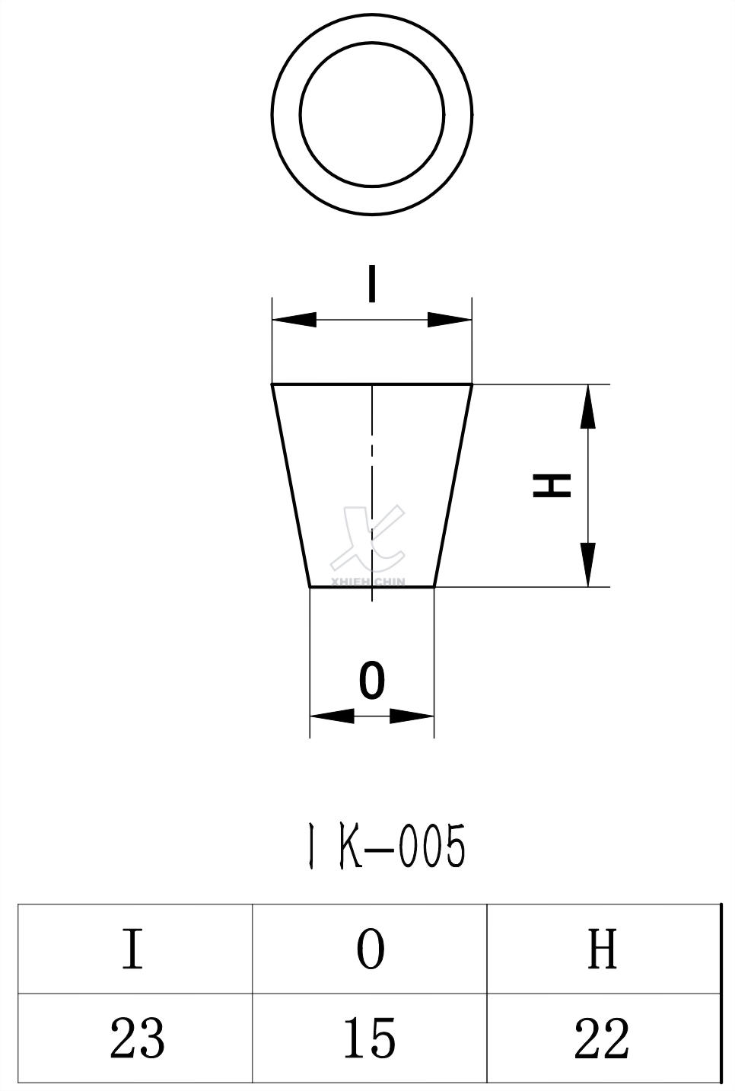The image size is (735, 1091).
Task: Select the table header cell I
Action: [x=133, y=948]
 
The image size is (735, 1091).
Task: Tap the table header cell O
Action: [x=371, y=949]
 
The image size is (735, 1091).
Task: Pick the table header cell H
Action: [x=602, y=948]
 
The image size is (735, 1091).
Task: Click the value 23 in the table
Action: [x=137, y=1038]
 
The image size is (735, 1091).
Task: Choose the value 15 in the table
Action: [x=369, y=1038]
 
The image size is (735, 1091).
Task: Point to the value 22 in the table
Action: [x=602, y=1038]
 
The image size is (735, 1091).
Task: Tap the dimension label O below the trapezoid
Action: [x=371, y=680]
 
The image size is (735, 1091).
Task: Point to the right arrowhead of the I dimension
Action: [x=450, y=320]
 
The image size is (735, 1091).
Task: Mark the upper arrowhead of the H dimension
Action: [x=587, y=407]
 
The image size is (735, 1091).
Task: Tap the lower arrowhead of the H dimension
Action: [x=587, y=564]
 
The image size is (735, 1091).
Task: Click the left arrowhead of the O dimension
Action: [x=332, y=716]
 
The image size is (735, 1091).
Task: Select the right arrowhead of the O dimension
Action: [x=412, y=716]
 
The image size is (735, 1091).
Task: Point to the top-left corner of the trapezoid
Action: [x=273, y=385]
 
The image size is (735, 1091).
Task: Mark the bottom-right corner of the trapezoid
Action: [x=434, y=586]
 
